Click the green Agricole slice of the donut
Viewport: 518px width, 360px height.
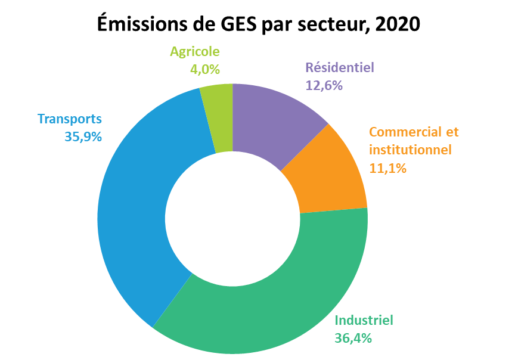(x=219, y=118)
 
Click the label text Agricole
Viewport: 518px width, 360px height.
(x=195, y=52)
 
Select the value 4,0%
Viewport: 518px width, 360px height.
(x=205, y=69)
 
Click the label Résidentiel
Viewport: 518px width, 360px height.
(x=340, y=67)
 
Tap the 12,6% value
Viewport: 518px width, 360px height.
(x=324, y=86)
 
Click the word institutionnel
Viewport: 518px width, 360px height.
(x=410, y=150)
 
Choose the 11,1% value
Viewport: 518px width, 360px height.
(x=387, y=168)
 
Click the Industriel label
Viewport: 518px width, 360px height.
(x=364, y=320)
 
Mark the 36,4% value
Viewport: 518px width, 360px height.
(x=353, y=338)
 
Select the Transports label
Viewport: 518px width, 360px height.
(x=70, y=119)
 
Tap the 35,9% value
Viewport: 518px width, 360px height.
(x=83, y=136)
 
